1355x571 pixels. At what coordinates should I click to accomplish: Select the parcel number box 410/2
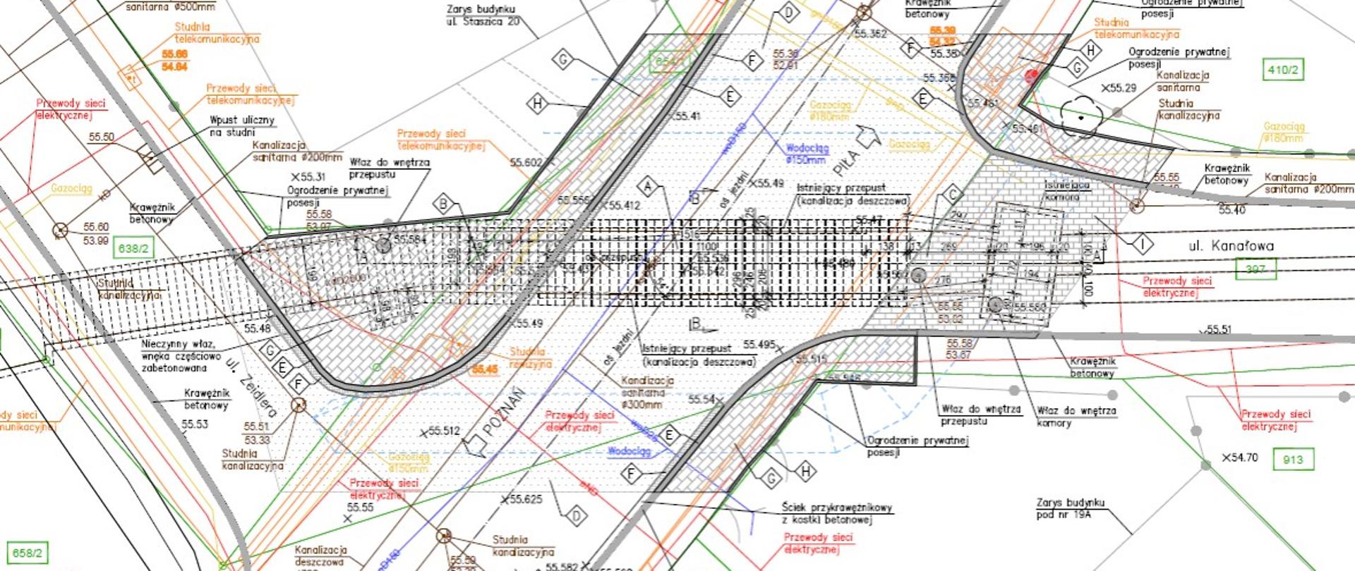(1282, 70)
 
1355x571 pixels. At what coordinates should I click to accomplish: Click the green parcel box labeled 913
(1293, 460)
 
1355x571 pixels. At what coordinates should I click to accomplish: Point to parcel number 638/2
(133, 248)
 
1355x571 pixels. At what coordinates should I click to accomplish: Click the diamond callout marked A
(647, 188)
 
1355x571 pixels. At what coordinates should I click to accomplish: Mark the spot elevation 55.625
(522, 499)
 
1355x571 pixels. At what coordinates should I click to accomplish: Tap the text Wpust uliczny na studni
(241, 125)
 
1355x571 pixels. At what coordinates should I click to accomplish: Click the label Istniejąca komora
(1066, 190)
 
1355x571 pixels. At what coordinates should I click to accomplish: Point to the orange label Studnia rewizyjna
(530, 357)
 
